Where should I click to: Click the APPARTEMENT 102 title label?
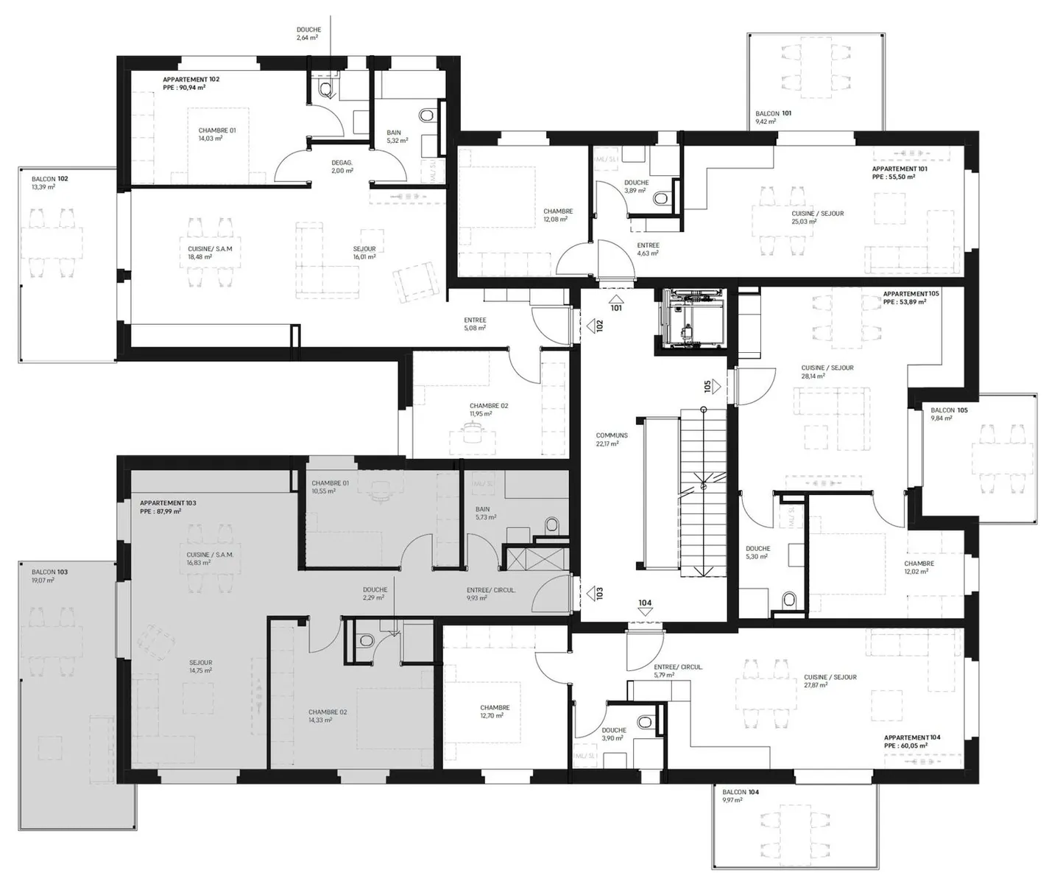coord(191,79)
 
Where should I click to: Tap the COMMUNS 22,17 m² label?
coord(612,440)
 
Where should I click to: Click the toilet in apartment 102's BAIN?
coord(426,116)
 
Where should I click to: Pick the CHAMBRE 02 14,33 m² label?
coord(328,716)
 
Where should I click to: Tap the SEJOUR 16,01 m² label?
coord(364,253)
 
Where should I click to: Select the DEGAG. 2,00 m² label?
coord(342,166)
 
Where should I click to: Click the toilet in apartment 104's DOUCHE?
coord(645,721)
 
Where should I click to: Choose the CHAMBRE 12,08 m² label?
coord(558,215)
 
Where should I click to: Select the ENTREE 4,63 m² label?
coord(648,249)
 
